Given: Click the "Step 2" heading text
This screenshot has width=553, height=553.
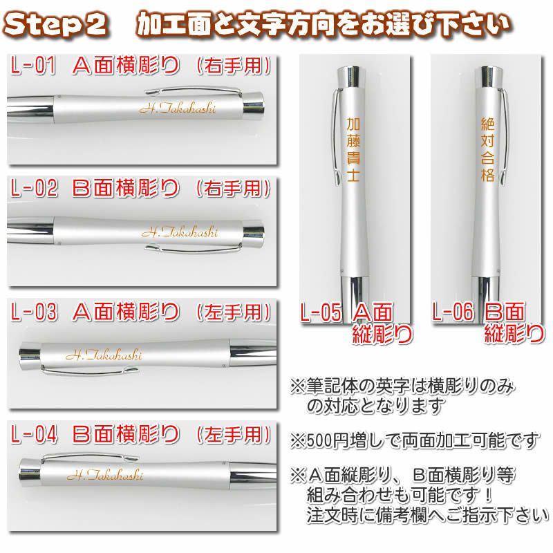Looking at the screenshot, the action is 55,25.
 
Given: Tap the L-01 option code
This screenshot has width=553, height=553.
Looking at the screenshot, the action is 33,66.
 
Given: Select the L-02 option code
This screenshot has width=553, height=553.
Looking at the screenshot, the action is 34,187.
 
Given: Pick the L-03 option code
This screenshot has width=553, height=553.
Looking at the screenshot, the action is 34,312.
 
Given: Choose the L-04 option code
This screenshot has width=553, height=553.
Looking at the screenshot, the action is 34,434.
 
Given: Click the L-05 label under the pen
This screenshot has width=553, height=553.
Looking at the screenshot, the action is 321,312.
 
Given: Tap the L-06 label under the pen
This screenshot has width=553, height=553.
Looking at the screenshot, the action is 453,312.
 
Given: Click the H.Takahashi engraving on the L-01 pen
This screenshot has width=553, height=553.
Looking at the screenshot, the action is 178,109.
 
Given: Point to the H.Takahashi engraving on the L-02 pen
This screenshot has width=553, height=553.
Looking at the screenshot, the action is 180,232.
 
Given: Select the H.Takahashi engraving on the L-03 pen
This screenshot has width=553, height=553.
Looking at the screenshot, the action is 104,355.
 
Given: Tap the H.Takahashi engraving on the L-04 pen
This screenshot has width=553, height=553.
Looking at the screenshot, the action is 105,475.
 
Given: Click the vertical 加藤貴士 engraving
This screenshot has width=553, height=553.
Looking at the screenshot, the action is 353,149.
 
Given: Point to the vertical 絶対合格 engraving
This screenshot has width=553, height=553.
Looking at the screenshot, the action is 488,149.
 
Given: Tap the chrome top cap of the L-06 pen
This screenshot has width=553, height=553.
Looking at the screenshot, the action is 488,76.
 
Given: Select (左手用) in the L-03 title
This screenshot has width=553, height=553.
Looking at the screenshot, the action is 234,312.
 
